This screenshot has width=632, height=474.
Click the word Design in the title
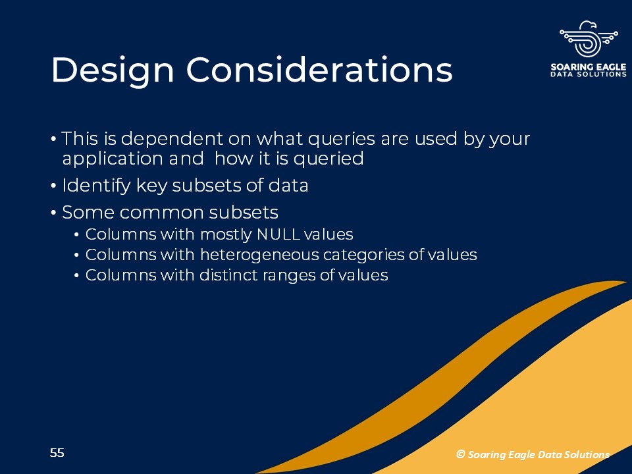113,71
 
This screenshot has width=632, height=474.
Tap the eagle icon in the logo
589,39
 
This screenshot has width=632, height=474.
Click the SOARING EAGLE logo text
589,67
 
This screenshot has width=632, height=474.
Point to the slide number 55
57,453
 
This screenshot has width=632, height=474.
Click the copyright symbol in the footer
460,454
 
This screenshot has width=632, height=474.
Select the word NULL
278,234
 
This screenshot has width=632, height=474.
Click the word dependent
172,139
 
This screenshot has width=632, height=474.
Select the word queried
329,159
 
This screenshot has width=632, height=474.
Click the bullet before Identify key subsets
54,186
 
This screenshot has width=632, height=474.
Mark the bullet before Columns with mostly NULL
76,235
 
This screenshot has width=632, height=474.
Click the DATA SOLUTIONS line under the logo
589,74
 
